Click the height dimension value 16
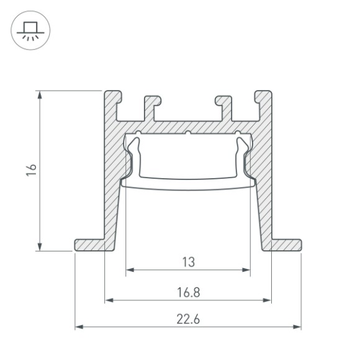tap(32, 170)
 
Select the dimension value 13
tap(188, 262)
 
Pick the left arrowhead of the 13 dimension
tap(130, 271)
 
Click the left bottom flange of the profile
tap(90, 245)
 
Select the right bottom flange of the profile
tap(286, 245)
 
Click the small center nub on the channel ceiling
tap(188, 132)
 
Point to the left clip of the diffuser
tap(133, 155)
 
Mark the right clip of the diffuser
tap(243, 155)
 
